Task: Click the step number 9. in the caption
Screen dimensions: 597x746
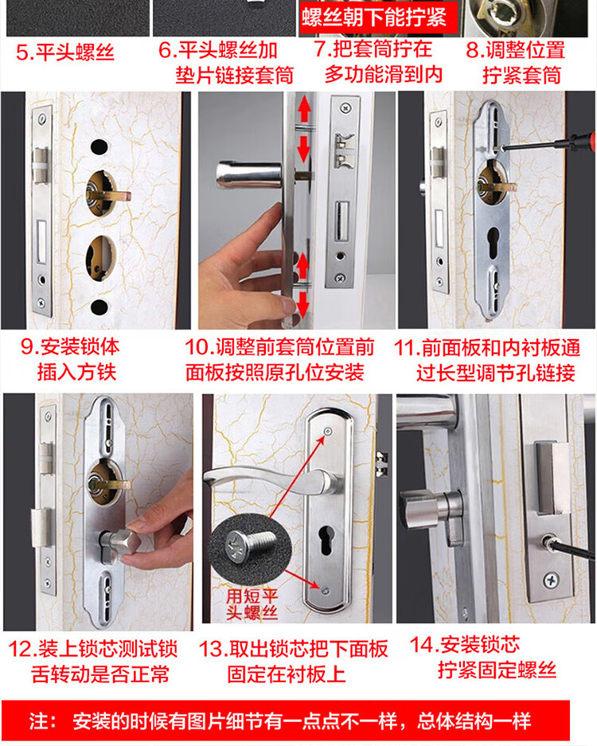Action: [29, 347]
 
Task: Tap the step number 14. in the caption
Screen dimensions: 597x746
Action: [423, 645]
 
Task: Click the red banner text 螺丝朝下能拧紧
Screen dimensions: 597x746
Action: [374, 18]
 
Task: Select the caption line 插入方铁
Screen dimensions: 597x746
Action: [76, 372]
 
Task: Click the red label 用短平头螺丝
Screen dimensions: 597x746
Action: [252, 604]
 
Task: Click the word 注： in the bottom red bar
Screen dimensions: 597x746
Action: [43, 722]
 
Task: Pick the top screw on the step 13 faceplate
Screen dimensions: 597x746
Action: [328, 431]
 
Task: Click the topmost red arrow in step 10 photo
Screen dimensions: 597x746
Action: [304, 108]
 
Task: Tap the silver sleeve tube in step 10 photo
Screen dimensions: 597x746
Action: [249, 174]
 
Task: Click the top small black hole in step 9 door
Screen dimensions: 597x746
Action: [99, 146]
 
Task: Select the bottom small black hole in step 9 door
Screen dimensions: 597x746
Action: [99, 307]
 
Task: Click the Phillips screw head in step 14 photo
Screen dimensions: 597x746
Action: [551, 580]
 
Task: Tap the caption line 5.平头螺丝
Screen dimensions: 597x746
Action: [65, 52]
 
